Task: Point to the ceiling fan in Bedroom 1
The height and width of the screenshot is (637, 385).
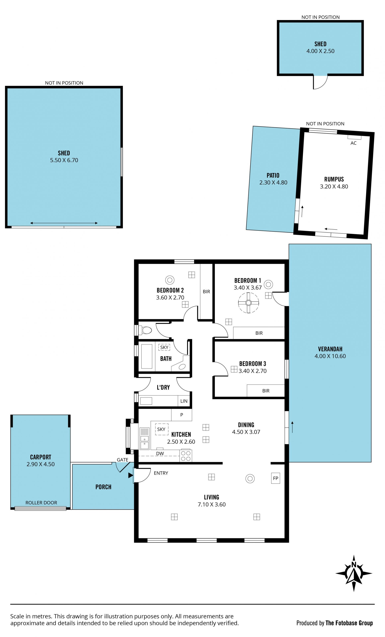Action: tap(248, 303)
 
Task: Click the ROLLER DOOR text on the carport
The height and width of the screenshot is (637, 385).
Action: tap(41, 503)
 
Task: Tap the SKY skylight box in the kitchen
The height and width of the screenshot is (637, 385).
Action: tap(161, 429)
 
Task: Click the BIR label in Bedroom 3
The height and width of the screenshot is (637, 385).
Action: tap(266, 391)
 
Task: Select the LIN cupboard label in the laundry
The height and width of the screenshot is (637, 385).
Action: tap(184, 401)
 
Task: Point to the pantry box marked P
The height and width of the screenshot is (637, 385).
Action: tap(182, 415)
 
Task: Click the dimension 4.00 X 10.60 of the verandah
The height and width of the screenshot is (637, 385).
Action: tap(330, 356)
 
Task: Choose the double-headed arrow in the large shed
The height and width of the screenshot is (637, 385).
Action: tap(64, 223)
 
